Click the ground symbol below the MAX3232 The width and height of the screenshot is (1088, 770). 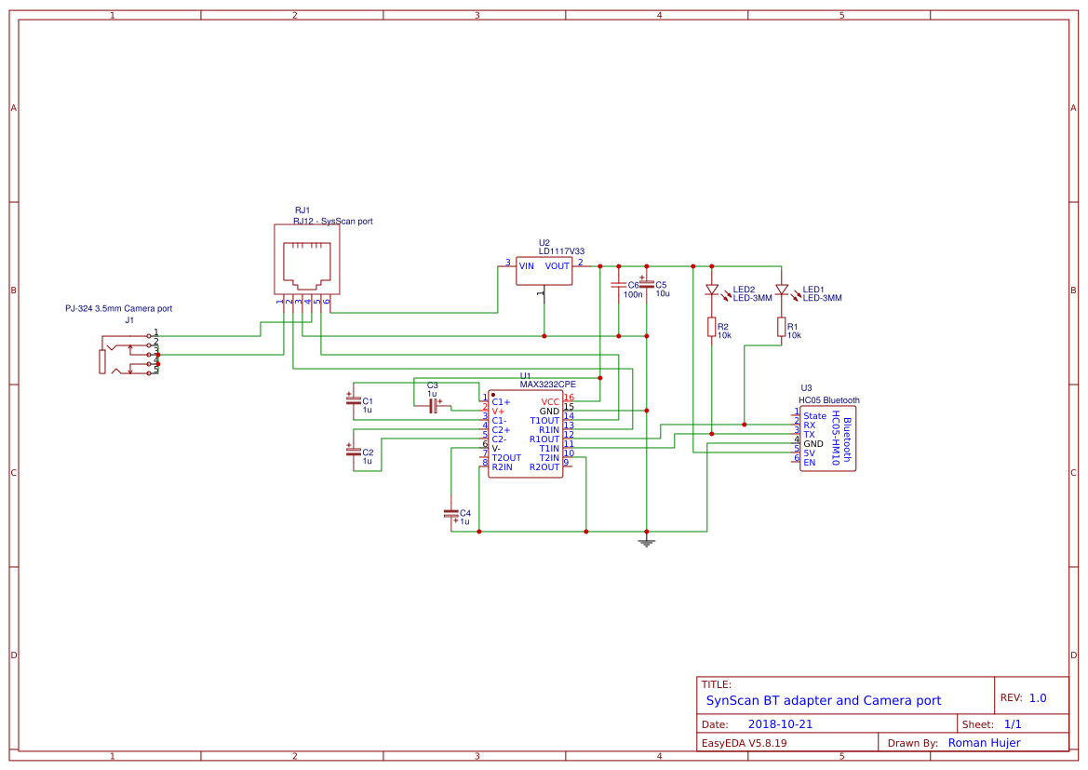pyautogui.click(x=647, y=541)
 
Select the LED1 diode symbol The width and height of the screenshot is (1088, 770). pyautogui.click(x=781, y=290)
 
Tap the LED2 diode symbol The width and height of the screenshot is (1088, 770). pyautogui.click(x=712, y=290)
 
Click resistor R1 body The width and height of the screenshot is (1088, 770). pyautogui.click(x=781, y=327)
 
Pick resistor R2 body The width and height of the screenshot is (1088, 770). pyautogui.click(x=712, y=327)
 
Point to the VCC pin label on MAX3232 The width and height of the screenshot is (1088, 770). pyautogui.click(x=550, y=401)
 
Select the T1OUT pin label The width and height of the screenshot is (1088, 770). pyautogui.click(x=544, y=420)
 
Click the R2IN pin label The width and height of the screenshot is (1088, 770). pyautogui.click(x=503, y=466)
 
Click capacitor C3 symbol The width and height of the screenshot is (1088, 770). pyautogui.click(x=433, y=403)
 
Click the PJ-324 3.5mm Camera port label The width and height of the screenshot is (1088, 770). pyautogui.click(x=118, y=308)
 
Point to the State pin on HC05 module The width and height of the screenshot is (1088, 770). pyautogui.click(x=814, y=415)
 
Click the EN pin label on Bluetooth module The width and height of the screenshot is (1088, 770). pyautogui.click(x=809, y=462)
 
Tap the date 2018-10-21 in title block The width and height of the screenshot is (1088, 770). pyautogui.click(x=780, y=723)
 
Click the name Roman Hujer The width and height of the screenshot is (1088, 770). pyautogui.click(x=984, y=742)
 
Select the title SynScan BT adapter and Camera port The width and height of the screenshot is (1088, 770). pyautogui.click(x=823, y=700)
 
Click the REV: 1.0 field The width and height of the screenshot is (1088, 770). pyautogui.click(x=1023, y=697)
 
